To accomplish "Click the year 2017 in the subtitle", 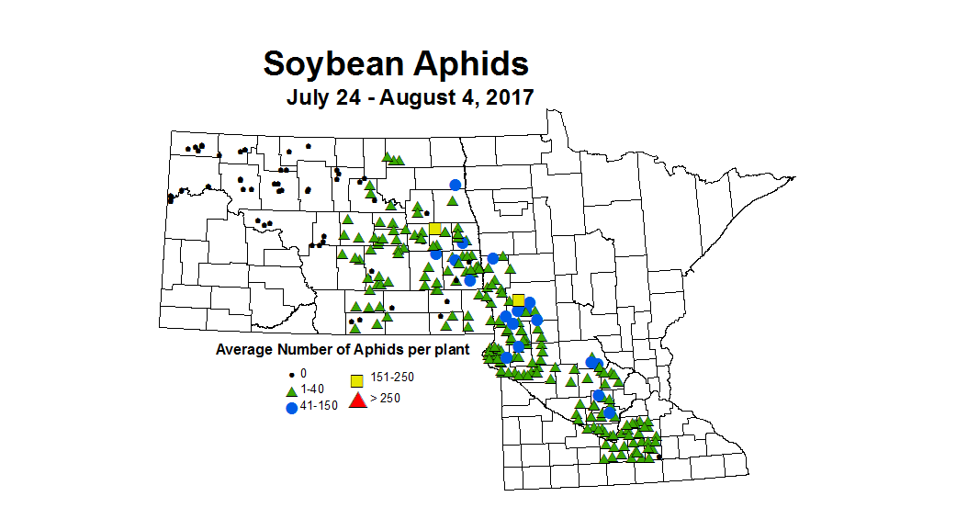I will [509, 97].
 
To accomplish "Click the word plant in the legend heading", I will [451, 349].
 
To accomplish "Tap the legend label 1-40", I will [312, 389].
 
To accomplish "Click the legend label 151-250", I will [391, 379].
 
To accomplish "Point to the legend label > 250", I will [386, 398].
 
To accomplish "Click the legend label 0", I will [304, 375].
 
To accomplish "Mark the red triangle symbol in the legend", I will [358, 399].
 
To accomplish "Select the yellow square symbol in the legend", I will [358, 380].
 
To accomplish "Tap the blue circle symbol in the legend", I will [292, 407].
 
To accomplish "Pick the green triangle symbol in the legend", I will [292, 390].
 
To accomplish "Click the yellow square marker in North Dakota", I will [434, 229].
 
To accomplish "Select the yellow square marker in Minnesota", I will [518, 300].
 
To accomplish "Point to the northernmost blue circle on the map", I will [455, 185].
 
